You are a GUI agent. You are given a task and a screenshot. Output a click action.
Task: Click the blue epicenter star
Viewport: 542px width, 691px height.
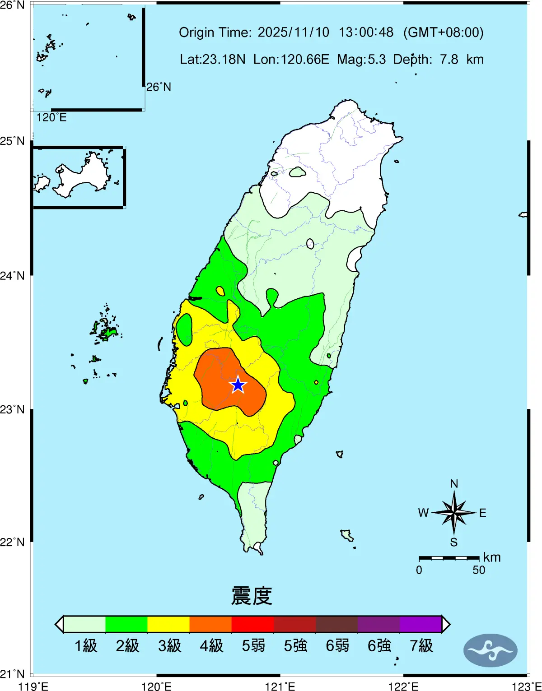coord(238,385)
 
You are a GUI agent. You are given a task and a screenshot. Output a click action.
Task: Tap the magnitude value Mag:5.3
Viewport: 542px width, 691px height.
coord(361,60)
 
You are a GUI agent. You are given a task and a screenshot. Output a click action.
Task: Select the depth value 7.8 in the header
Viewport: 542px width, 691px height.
coord(449,60)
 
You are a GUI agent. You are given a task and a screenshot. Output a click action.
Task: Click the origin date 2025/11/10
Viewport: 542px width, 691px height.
coord(294,32)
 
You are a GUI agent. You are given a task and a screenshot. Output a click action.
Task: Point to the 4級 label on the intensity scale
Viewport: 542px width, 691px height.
coord(211,646)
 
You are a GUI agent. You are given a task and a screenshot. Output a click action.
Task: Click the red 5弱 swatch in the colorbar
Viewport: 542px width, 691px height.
coord(252,624)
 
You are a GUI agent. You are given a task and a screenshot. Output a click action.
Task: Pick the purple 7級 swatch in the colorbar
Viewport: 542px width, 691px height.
coord(421,624)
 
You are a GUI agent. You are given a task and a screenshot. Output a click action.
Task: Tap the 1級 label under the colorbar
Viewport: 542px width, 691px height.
coord(85,646)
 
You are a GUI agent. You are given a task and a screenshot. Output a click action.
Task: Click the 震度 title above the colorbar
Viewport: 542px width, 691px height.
coord(252,596)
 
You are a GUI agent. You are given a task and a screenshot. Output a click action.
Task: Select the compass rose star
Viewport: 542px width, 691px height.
coord(454,512)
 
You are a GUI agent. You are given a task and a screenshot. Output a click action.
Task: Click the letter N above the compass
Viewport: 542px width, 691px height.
coord(454,484)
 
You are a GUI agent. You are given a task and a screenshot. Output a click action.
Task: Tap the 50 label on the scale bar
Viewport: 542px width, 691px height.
coord(479,570)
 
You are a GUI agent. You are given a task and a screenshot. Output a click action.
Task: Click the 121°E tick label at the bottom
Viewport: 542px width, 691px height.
coord(280,686)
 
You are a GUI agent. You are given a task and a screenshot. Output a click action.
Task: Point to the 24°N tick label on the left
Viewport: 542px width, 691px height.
coord(13,275)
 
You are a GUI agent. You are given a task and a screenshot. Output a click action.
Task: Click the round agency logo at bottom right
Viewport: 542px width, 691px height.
coord(490,650)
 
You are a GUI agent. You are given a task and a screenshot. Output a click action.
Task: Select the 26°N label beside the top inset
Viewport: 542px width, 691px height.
coord(159,87)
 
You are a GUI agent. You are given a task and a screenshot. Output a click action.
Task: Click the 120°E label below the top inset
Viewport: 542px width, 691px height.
coord(51,117)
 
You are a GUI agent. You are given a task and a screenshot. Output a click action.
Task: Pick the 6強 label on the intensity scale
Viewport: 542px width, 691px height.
coord(379,646)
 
